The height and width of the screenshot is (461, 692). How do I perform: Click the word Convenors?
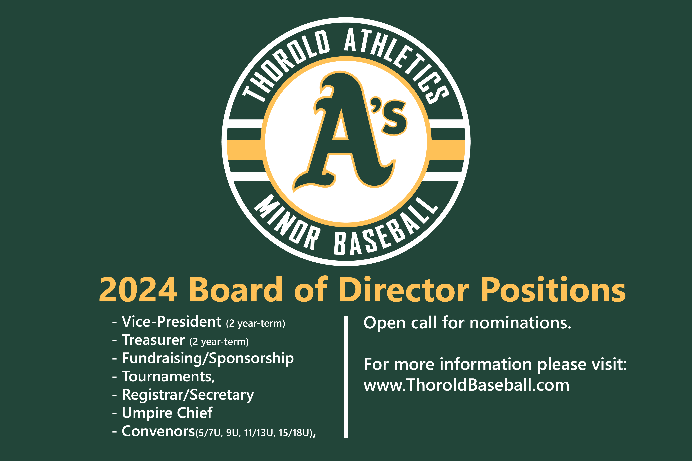(158, 431)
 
